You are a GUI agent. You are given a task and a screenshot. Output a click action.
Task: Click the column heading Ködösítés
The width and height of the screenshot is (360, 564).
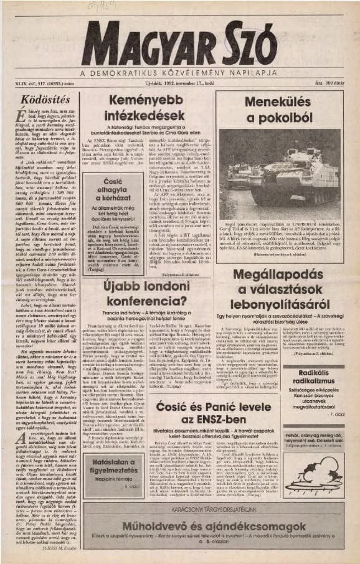pos(41,99)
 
